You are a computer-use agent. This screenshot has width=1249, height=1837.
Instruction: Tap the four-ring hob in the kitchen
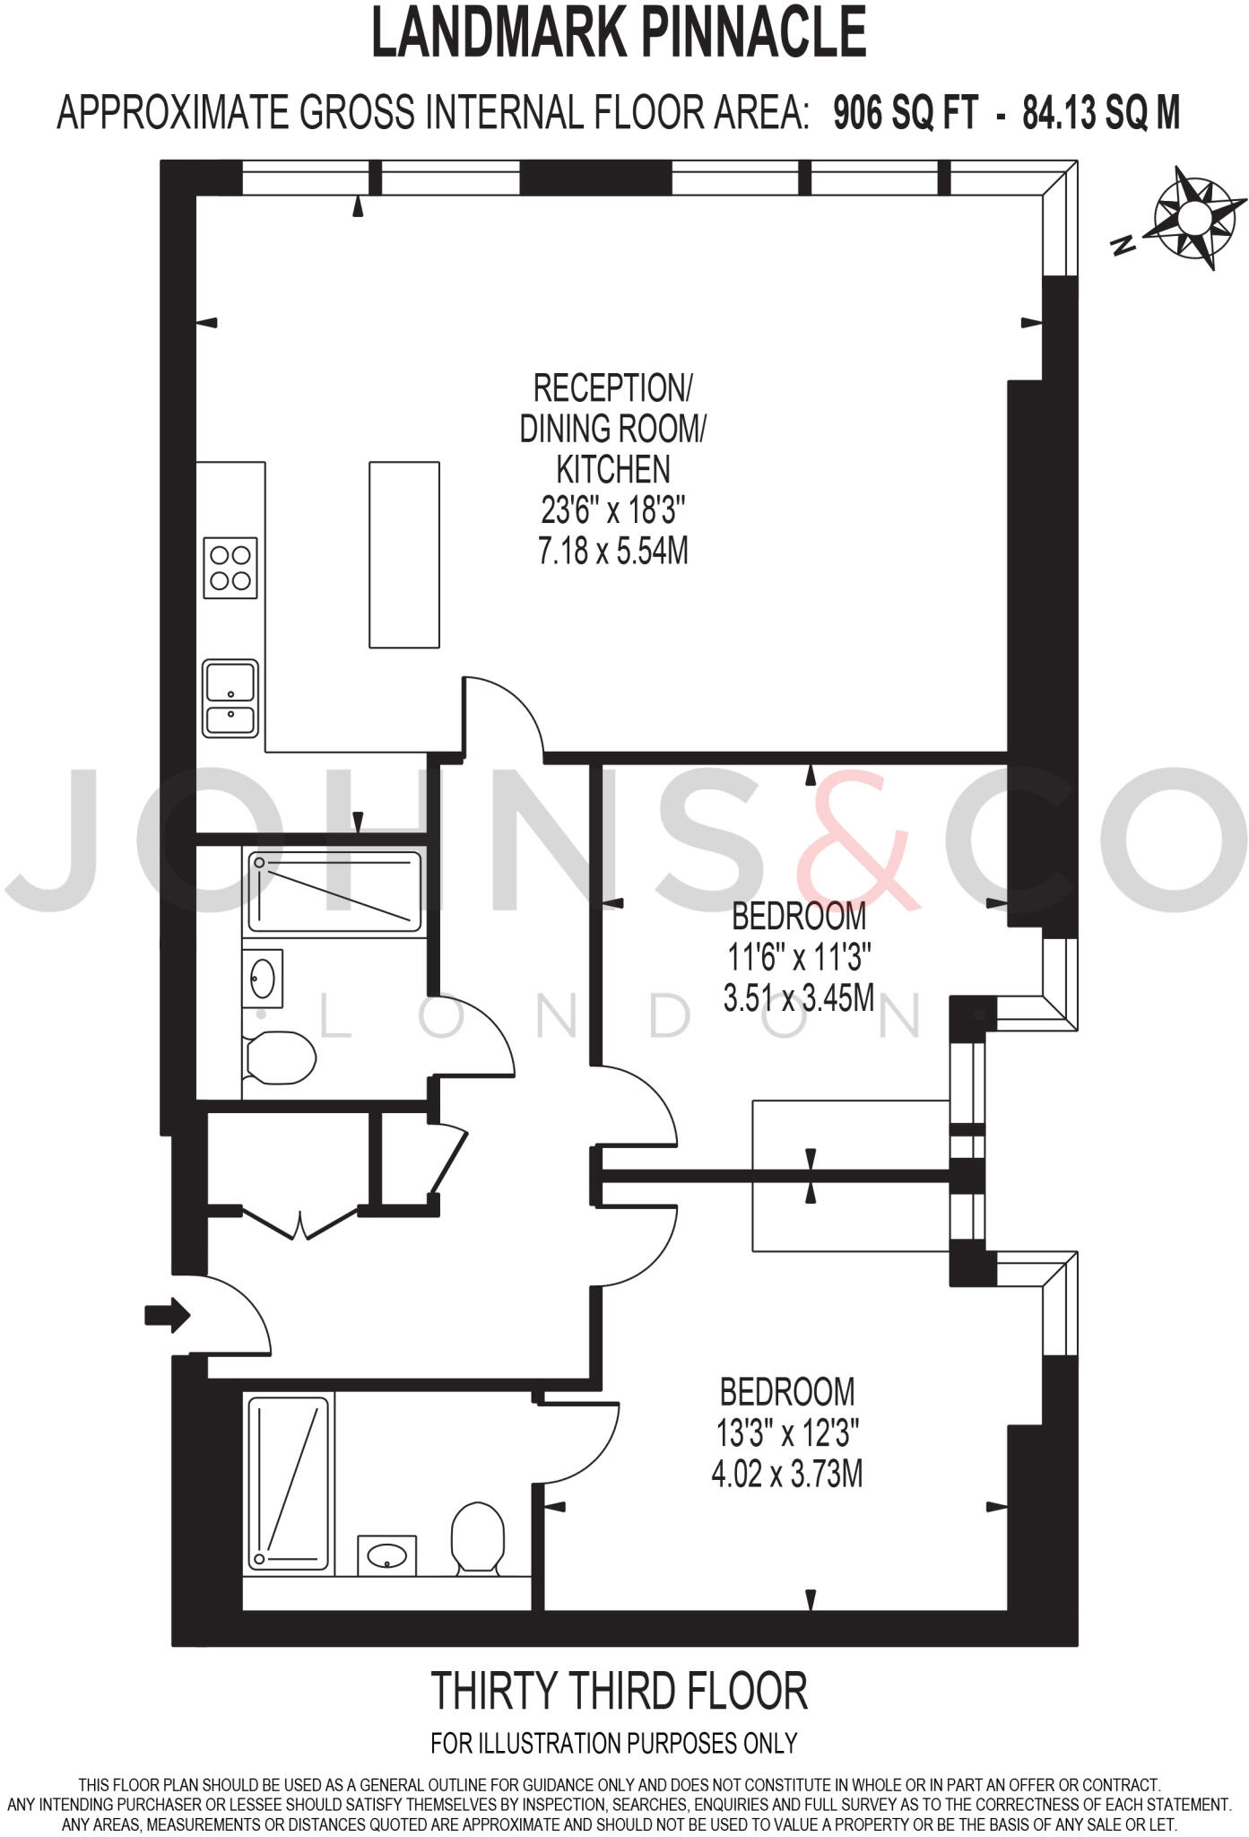(230, 568)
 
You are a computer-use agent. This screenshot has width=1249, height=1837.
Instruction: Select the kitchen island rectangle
(404, 554)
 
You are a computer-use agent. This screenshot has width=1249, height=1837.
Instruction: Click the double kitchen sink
(230, 698)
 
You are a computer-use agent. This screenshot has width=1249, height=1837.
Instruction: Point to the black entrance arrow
(168, 1316)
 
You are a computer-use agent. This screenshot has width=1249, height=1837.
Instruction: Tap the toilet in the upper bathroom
(281, 1058)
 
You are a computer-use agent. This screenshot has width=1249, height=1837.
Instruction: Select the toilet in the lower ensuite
(477, 1537)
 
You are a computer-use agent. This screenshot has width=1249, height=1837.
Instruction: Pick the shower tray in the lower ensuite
(289, 1484)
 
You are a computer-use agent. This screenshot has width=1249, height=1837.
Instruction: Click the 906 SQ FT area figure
(905, 114)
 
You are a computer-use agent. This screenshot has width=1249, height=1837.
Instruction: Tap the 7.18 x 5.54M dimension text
(613, 550)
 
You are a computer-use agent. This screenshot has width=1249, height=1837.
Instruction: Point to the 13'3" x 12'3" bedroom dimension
(787, 1433)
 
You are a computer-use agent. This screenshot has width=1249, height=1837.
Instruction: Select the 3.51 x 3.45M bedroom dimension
(798, 997)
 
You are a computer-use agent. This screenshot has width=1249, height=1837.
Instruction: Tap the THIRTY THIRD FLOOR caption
(620, 1691)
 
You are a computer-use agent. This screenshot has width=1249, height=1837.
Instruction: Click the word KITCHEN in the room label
(613, 469)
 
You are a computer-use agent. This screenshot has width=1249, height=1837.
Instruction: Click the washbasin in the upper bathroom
(263, 978)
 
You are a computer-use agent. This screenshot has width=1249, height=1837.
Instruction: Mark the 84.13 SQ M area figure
(1101, 114)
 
